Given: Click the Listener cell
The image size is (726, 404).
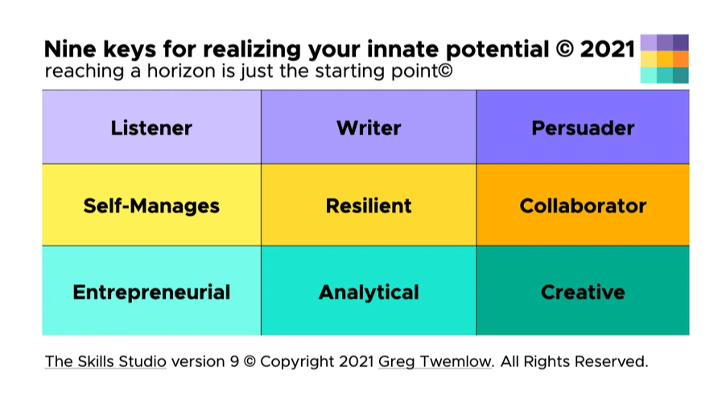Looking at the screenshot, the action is click(x=151, y=127).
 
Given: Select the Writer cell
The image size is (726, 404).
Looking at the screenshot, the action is click(x=369, y=127).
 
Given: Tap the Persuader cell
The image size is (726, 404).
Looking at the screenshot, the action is click(x=583, y=127).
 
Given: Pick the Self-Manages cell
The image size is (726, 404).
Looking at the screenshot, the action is click(x=151, y=204).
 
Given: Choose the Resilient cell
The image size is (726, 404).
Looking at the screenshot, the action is click(x=369, y=204).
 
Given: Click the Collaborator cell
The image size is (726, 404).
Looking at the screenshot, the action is click(x=583, y=204).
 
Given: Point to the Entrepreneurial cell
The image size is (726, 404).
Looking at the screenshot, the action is click(x=151, y=291).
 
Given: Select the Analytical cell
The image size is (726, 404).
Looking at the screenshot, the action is click(x=369, y=291).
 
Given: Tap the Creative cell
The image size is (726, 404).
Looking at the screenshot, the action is click(x=583, y=291).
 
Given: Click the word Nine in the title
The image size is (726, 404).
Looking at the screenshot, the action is click(x=70, y=49).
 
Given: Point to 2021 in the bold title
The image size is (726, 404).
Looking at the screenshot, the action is click(x=607, y=49).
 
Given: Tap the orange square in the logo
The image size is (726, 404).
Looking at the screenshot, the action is click(x=681, y=59).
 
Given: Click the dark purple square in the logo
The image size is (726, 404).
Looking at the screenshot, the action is click(x=681, y=42).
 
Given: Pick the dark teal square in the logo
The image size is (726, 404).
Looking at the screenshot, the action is click(x=681, y=75).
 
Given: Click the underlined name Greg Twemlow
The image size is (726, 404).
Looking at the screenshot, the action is click(x=435, y=361).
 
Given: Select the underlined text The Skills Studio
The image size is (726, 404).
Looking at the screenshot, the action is click(x=105, y=361).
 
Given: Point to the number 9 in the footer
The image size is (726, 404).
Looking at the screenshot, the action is click(x=234, y=361).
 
